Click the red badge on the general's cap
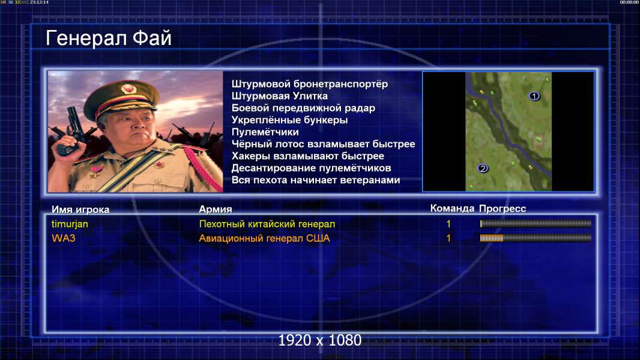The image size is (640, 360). (128, 89)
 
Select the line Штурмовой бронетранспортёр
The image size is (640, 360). (310, 85)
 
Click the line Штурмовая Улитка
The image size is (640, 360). (280, 96)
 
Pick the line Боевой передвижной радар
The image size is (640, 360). (303, 108)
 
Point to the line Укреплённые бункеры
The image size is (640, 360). (290, 120)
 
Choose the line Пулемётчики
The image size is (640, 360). (265, 132)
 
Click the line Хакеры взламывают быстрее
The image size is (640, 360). (308, 156)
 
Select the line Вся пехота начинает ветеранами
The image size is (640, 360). (316, 180)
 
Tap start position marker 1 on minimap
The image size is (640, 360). (534, 96)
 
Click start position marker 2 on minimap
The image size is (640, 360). (483, 169)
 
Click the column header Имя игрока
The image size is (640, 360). (80, 209)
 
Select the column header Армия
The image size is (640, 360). (216, 209)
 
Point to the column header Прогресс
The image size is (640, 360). (503, 209)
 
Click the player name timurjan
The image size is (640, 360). (70, 224)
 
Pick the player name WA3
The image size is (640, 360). (63, 238)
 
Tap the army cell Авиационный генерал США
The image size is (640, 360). (265, 238)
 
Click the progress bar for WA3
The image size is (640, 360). (536, 238)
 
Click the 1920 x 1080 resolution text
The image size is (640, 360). (320, 340)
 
